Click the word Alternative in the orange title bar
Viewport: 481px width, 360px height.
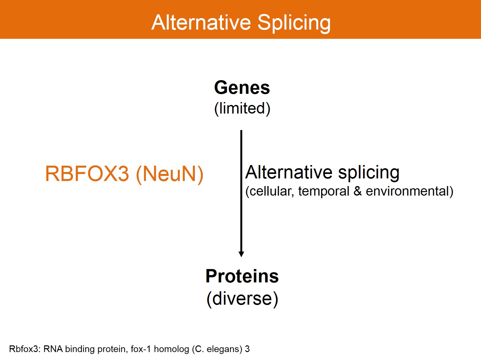point(201,22)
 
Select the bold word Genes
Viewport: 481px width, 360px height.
point(242,88)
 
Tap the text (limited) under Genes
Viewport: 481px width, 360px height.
point(242,108)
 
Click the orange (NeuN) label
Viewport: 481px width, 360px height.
point(170,174)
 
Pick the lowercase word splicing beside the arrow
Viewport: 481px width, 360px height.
point(368,173)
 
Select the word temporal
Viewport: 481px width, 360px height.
point(324,191)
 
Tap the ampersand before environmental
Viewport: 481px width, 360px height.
point(357,191)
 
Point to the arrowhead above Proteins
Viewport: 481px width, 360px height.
point(241,254)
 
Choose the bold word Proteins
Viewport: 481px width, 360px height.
point(242,276)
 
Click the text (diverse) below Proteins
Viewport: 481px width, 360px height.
point(242,299)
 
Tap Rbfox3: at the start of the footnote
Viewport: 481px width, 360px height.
point(25,349)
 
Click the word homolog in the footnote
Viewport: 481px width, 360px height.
point(171,349)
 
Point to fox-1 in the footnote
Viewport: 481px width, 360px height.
point(141,349)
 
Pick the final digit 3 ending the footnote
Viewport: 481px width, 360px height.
point(247,349)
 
